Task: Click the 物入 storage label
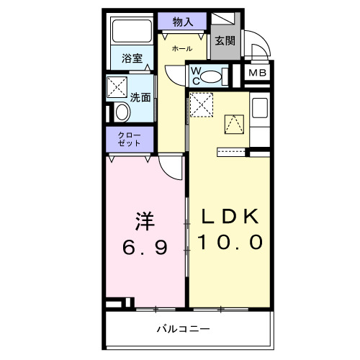pyautogui.click(x=184, y=22)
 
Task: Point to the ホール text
pyautogui.click(x=181, y=48)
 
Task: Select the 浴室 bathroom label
pyautogui.click(x=131, y=57)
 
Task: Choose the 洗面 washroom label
pyautogui.click(x=140, y=97)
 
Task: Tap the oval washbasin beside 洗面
pyautogui.click(x=122, y=112)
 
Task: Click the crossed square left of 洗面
pyautogui.click(x=116, y=87)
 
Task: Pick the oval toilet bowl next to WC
pyautogui.click(x=212, y=75)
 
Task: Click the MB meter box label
pyautogui.click(x=257, y=73)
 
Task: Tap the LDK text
pyautogui.click(x=230, y=217)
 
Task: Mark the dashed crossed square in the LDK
pyautogui.click(x=202, y=105)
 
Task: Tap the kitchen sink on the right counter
pyautogui.click(x=259, y=108)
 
